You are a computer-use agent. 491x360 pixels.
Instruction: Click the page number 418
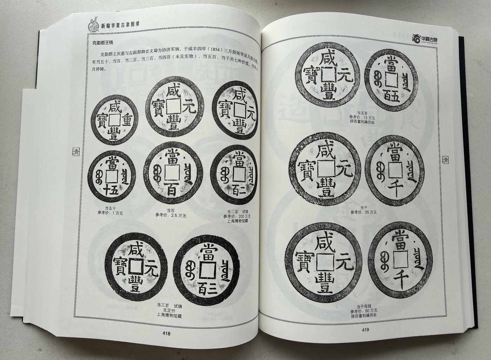[164, 334]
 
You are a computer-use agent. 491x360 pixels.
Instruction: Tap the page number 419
[365, 329]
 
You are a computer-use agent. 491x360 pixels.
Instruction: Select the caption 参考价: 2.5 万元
[171, 215]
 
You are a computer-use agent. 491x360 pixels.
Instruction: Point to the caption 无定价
[171, 311]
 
